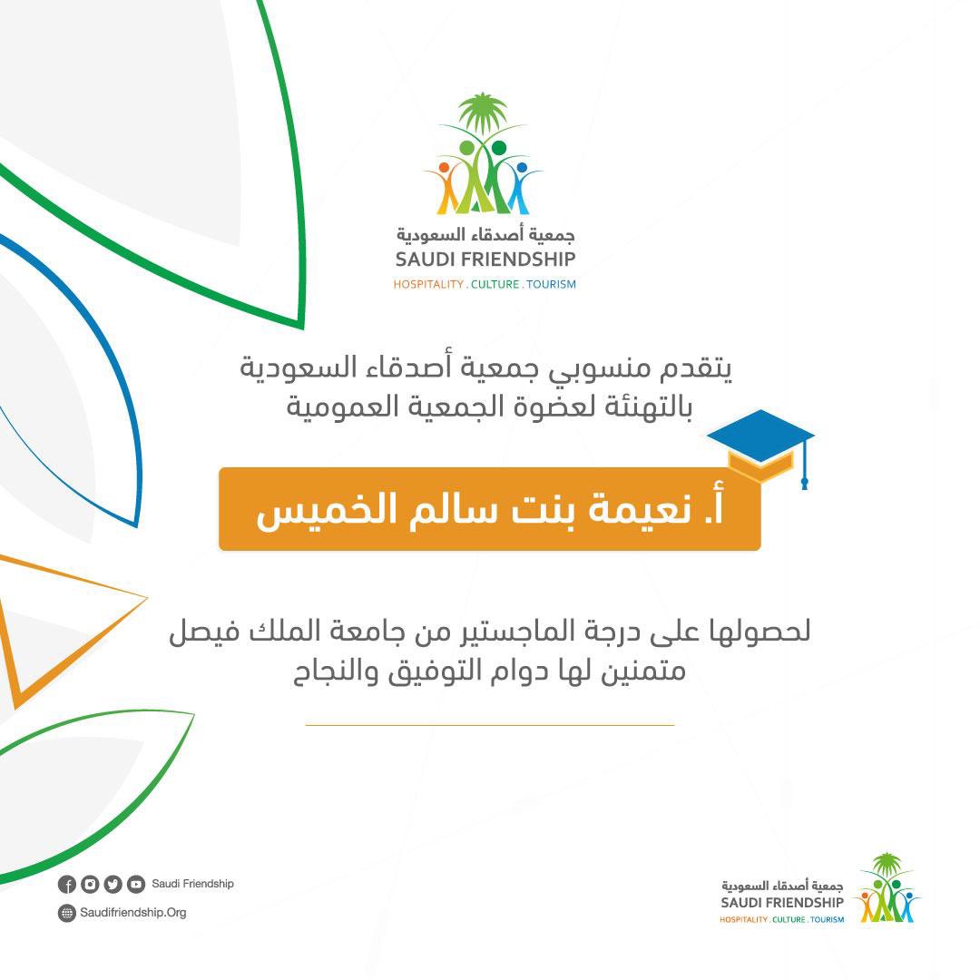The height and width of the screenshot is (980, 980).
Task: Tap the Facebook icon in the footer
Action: (x=66, y=885)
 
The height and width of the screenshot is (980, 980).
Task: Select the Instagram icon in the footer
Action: (x=90, y=885)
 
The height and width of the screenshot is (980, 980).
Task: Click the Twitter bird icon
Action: (x=113, y=885)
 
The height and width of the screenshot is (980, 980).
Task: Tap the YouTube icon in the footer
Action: (x=136, y=885)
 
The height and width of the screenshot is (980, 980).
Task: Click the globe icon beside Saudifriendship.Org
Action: (x=66, y=914)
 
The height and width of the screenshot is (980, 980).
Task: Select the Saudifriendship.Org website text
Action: (x=133, y=913)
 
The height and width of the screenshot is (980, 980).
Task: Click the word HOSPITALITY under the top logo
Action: (x=427, y=285)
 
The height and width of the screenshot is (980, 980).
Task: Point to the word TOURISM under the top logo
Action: (x=551, y=285)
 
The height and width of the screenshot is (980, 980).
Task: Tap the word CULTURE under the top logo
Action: (x=495, y=285)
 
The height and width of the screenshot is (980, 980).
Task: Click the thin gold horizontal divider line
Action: (x=490, y=725)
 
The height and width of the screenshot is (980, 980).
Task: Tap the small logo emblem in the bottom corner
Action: (x=887, y=889)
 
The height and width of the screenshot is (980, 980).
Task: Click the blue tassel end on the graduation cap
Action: (x=804, y=482)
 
